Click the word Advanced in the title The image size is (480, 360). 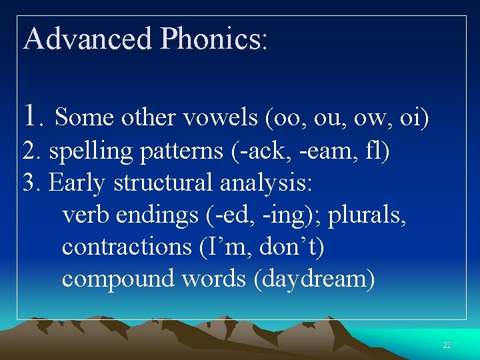[x=87, y=39]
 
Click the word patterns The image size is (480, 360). [x=181, y=151]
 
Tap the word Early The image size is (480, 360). [x=78, y=183]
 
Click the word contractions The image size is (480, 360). [x=127, y=247]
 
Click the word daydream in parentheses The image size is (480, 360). [x=314, y=279]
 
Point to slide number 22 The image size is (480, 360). [x=447, y=345]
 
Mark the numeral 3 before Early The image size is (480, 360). [x=29, y=183]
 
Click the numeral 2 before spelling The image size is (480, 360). [x=29, y=151]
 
